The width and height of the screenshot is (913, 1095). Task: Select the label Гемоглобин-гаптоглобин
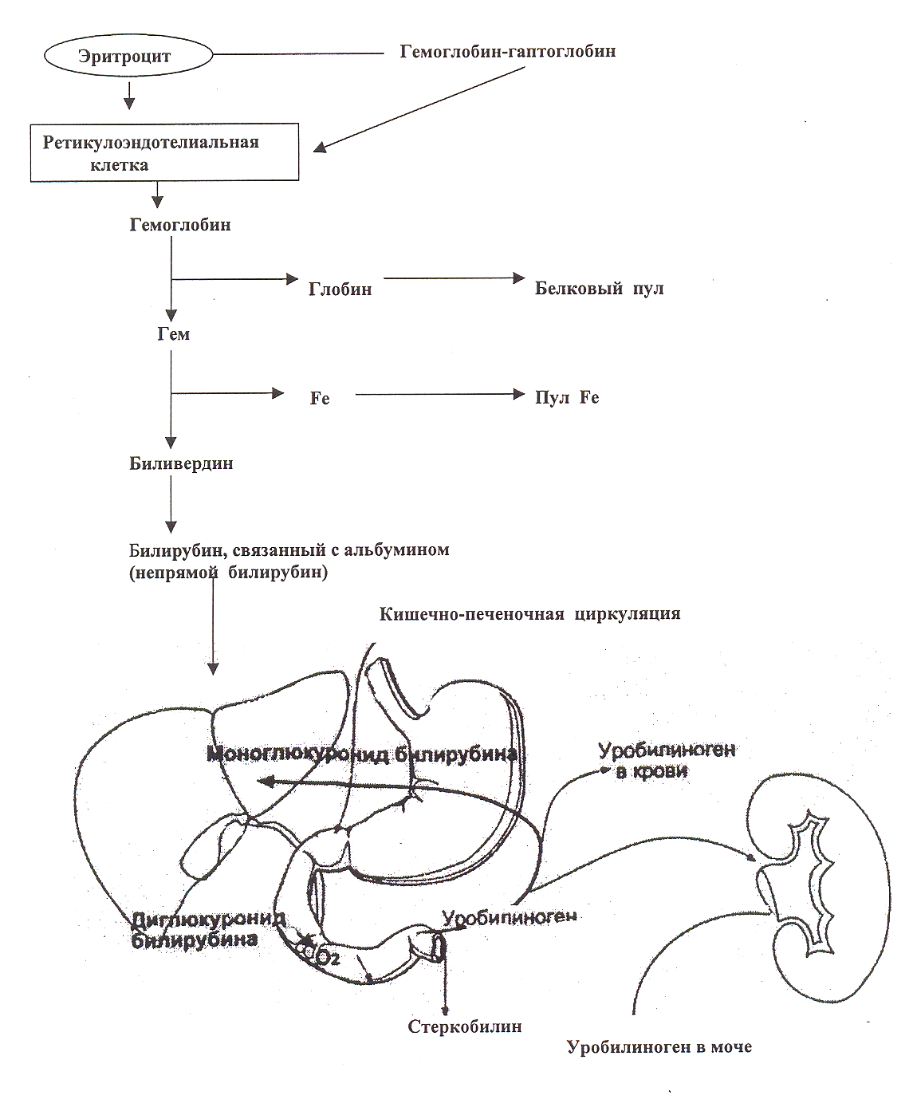coord(508,51)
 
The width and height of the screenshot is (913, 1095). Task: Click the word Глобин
coord(340,289)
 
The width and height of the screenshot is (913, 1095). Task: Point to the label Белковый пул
coord(600,289)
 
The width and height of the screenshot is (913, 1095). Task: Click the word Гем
coord(174,334)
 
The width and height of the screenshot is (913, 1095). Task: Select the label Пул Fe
coord(567,397)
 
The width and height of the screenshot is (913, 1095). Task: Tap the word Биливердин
coord(181,463)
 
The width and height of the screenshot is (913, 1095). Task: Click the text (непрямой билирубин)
coord(228,572)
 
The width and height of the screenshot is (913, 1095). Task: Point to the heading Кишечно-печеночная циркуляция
coord(529,613)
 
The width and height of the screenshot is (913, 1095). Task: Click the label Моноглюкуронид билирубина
coord(362,754)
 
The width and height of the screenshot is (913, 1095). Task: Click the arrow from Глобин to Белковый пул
coord(455,278)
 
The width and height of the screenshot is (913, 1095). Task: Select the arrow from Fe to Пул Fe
coord(440,394)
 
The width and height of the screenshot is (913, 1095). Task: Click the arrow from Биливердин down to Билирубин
coord(171,504)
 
